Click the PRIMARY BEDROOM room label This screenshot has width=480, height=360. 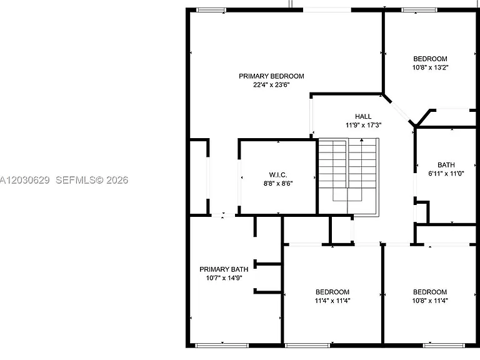point(271,76)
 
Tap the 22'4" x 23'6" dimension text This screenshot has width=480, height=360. point(271,84)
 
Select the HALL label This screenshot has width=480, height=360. point(363,116)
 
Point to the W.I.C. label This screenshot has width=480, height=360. point(278,175)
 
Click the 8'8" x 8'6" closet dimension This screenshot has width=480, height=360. point(278,183)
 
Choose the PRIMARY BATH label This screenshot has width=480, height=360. point(224,269)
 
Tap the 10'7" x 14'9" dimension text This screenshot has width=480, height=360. point(224,277)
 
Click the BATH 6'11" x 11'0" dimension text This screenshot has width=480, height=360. point(446,173)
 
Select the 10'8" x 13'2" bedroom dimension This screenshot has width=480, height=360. point(430,67)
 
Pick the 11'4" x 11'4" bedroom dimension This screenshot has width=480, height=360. point(332,301)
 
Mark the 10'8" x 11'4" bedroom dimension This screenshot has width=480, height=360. point(430,301)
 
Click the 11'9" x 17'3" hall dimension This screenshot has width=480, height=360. point(363,125)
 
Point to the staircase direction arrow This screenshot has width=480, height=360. point(361,163)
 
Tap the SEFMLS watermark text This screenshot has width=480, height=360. point(92,180)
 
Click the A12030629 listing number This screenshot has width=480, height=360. point(24,180)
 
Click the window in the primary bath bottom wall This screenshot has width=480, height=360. point(222,346)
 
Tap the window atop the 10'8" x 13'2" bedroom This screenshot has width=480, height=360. point(419,10)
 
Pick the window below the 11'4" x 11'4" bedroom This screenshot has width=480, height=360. point(307,346)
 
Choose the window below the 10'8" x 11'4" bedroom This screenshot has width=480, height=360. point(444,346)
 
